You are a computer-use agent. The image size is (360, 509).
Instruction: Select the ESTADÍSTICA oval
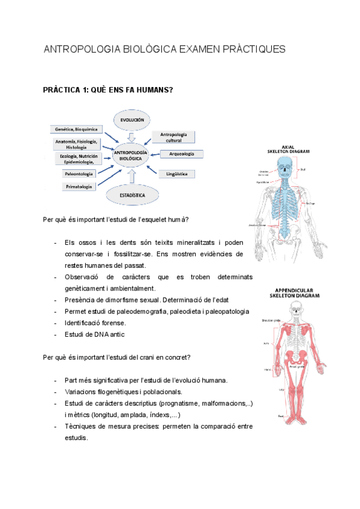pos(132,194)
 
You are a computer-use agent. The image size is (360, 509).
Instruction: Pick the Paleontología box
pos(79,173)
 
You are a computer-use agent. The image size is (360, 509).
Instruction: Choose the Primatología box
pos(79,187)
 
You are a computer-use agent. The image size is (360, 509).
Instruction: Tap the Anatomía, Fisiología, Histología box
pos(76,144)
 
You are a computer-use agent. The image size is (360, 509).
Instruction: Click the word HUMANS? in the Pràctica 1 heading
pos(154,90)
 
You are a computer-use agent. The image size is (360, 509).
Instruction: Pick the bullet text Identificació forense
pos(95,323)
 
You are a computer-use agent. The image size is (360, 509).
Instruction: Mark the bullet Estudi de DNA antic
pos(94,334)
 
